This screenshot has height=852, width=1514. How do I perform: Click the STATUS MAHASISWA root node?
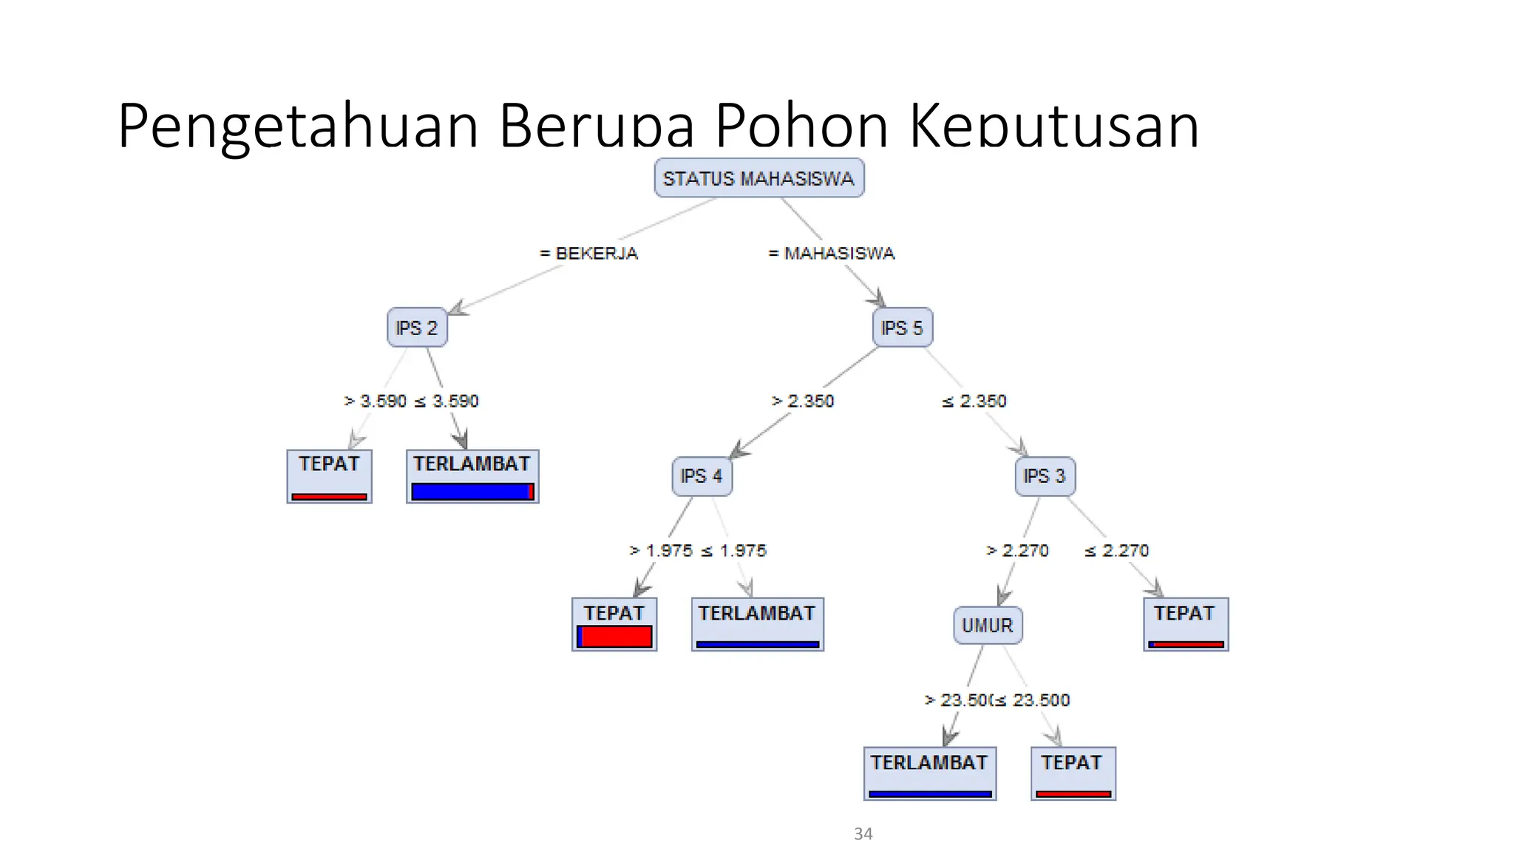point(758,178)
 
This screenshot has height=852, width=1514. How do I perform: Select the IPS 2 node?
point(417,328)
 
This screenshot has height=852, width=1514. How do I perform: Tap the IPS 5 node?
point(902,328)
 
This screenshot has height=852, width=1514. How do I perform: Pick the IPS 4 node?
point(702,476)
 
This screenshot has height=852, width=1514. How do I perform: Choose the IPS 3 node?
point(1045,476)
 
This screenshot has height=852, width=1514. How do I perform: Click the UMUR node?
point(988,626)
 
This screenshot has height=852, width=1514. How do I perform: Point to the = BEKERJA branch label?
point(589,253)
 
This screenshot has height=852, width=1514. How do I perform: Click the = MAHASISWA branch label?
point(832,253)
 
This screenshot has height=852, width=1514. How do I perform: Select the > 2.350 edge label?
point(803,401)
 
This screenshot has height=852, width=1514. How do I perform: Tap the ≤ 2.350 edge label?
point(974,401)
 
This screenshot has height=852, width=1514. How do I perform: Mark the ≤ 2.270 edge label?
point(1116,550)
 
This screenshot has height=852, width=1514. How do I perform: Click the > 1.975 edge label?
point(661,550)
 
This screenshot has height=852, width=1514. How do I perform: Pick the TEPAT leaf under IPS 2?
point(329,476)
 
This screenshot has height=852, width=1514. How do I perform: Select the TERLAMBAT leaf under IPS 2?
point(472,476)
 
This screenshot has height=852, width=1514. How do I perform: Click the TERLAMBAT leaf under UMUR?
point(930,774)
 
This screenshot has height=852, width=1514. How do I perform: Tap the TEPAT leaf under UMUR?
point(1073,774)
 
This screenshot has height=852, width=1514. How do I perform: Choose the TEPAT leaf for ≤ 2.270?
point(1186,624)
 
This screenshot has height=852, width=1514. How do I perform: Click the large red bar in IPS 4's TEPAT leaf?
point(617,637)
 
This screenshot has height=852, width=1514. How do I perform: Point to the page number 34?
point(863,834)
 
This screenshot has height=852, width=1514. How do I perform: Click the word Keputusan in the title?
point(1053,126)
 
